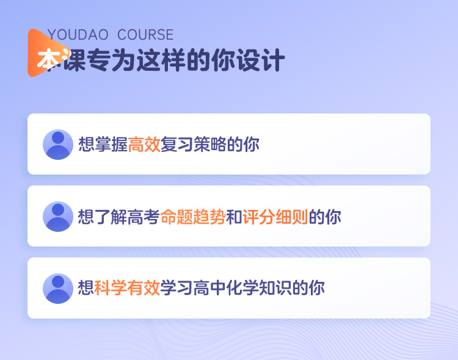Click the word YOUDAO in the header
coord(78,35)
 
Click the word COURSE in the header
coord(145,35)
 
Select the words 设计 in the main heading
coord(261,60)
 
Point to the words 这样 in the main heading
coord(161,60)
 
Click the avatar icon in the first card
coord(58,145)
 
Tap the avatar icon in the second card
coord(58,217)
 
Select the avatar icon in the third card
coord(58,289)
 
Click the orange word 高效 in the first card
coord(144,144)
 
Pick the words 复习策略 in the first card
coord(194,144)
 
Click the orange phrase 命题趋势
coord(193,217)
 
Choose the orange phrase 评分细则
coord(275,217)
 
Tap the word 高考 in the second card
coord(144,217)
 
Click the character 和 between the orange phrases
coord(234,217)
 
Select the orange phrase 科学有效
coord(127,288)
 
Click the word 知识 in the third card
coord(275,288)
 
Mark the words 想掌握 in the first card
coord(103,144)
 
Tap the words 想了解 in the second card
coord(103,217)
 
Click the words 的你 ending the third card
coord(308,288)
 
